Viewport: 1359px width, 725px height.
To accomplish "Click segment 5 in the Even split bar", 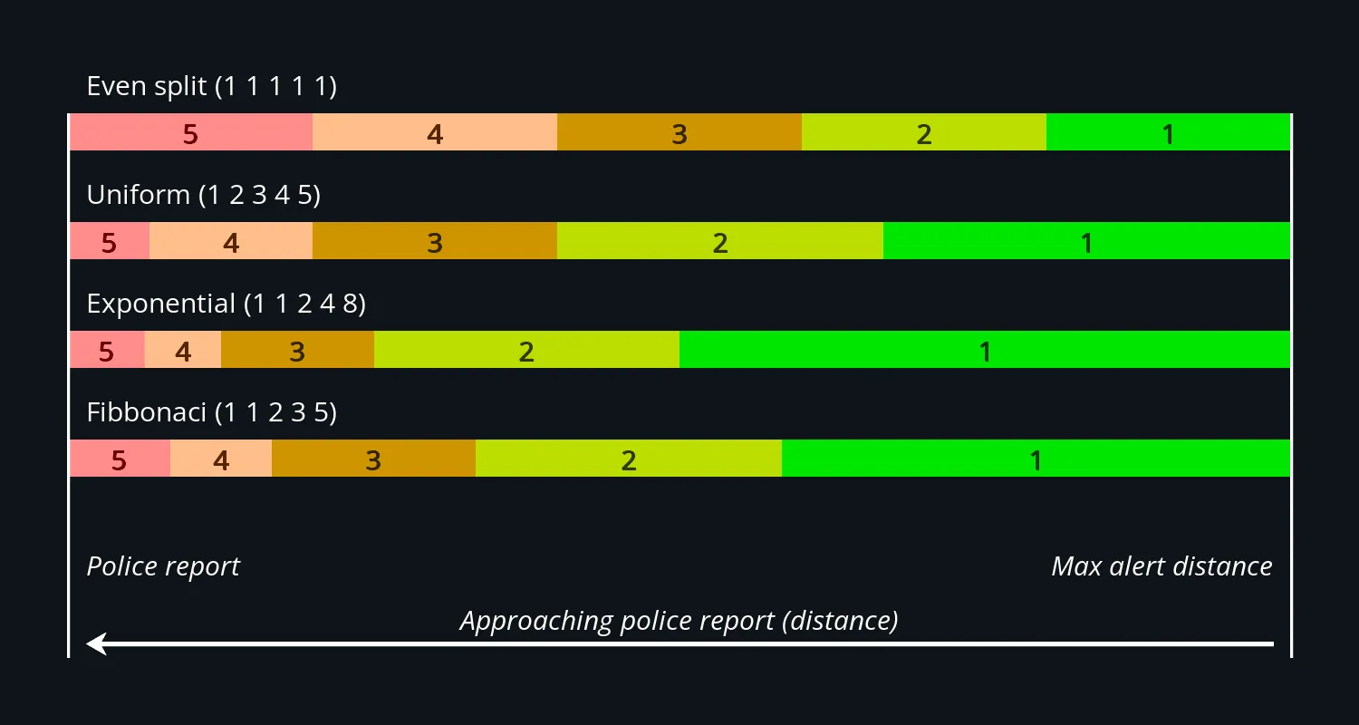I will pyautogui.click(x=191, y=132).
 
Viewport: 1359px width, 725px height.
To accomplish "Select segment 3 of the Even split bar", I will pyautogui.click(x=679, y=132).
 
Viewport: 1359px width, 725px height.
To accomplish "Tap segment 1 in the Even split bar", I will pyautogui.click(x=1168, y=132).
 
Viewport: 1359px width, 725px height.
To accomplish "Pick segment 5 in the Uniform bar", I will pyautogui.click(x=110, y=241).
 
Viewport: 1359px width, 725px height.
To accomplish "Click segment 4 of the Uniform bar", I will pyautogui.click(x=231, y=241).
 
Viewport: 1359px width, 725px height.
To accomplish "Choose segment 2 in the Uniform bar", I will pyautogui.click(x=720, y=241).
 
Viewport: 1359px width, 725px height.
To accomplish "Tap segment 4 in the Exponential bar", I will pyautogui.click(x=183, y=350).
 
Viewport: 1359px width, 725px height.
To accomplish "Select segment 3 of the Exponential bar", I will pyautogui.click(x=297, y=350).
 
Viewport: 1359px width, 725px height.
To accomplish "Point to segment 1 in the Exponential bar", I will pyautogui.click(x=985, y=350).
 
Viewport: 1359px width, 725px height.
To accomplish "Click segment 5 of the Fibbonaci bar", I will pyautogui.click(x=120, y=459).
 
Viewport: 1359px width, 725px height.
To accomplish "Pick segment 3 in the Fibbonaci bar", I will pyautogui.click(x=373, y=459).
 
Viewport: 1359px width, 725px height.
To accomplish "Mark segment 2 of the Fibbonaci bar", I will pyautogui.click(x=629, y=459).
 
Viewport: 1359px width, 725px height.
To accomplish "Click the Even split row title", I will pyautogui.click(x=211, y=87).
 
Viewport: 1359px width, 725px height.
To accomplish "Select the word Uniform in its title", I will pyautogui.click(x=138, y=196).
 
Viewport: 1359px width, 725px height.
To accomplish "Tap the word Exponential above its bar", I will pyautogui.click(x=161, y=304).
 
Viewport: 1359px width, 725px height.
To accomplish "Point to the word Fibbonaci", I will pyautogui.click(x=147, y=413).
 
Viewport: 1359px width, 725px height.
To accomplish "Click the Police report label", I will pyautogui.click(x=163, y=567).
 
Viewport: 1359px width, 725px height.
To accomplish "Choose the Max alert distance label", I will pyautogui.click(x=1161, y=567).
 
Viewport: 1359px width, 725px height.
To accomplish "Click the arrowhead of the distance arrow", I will pyautogui.click(x=96, y=644).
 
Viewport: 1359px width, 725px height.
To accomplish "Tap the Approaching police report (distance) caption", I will pyautogui.click(x=679, y=621).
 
